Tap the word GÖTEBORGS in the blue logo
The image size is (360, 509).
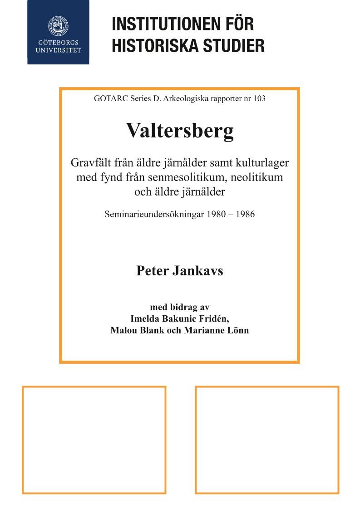58,43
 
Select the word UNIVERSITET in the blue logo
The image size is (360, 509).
58,50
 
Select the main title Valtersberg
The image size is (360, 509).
180,131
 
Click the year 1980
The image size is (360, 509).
216,214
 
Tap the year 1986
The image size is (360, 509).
244,214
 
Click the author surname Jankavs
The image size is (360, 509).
198,271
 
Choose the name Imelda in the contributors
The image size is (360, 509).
145,318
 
